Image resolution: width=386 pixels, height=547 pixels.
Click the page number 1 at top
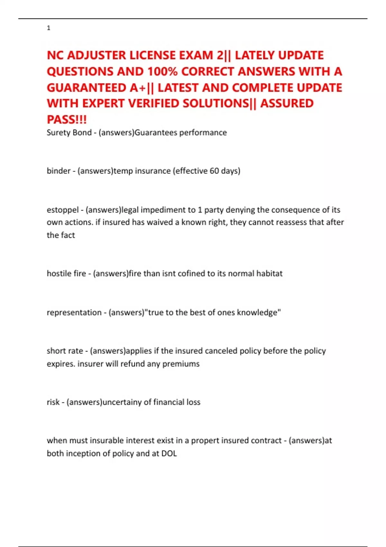(49, 28)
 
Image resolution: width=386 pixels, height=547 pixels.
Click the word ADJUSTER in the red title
(96, 55)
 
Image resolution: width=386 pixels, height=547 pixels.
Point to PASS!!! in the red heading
(67, 120)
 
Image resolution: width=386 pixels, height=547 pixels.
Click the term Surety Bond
(69, 133)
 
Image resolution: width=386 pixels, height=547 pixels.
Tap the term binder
(59, 171)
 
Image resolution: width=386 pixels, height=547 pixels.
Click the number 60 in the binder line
(214, 171)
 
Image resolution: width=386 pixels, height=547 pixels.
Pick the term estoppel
(62, 210)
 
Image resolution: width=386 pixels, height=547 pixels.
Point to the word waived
(160, 222)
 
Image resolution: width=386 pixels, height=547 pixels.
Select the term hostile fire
(66, 273)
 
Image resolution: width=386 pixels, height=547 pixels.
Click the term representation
(74, 312)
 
